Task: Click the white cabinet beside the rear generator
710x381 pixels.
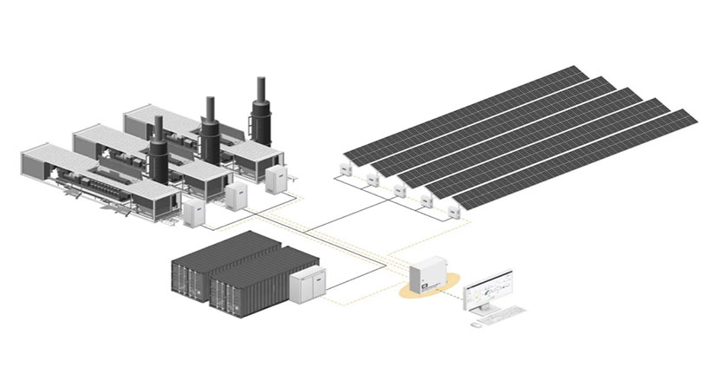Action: click(x=276, y=180)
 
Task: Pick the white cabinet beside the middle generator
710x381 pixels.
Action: click(x=236, y=196)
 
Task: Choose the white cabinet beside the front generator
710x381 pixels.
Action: click(x=193, y=213)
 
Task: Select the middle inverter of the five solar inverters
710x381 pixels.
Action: click(x=399, y=190)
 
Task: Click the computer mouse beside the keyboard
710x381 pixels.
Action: click(x=476, y=324)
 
